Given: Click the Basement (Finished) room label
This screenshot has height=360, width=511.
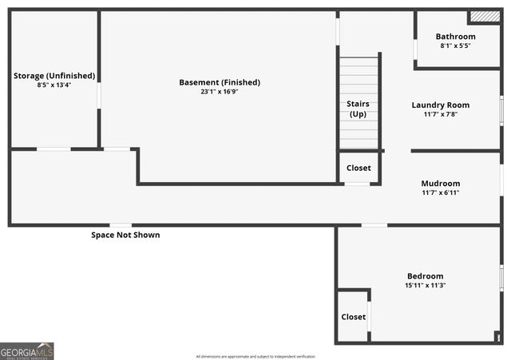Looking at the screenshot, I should pyautogui.click(x=220, y=82).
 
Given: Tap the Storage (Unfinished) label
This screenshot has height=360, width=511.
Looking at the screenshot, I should pyautogui.click(x=54, y=76).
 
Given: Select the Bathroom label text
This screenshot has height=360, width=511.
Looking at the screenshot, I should pyautogui.click(x=455, y=37).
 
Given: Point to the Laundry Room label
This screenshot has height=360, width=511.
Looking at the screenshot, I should pyautogui.click(x=441, y=105).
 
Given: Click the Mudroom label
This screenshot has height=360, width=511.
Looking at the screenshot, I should pyautogui.click(x=441, y=183).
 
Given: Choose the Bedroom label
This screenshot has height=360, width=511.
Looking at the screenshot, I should pyautogui.click(x=425, y=276).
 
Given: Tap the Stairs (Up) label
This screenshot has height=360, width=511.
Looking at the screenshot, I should pyautogui.click(x=358, y=109).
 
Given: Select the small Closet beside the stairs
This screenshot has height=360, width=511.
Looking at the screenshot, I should pyautogui.click(x=358, y=168).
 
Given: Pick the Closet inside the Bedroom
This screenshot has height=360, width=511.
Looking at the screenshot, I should pyautogui.click(x=353, y=317).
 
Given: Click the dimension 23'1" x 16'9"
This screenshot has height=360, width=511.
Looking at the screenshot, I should pyautogui.click(x=220, y=92).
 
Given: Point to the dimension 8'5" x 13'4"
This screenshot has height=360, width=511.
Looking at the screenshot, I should pyautogui.click(x=54, y=85).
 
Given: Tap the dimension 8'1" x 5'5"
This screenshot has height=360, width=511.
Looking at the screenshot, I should pyautogui.click(x=455, y=45).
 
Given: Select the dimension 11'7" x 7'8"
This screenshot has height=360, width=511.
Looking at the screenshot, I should pyautogui.click(x=441, y=114).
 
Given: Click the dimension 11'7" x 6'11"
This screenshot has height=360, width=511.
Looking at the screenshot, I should pyautogui.click(x=441, y=192).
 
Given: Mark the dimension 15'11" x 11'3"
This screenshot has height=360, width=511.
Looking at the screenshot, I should pyautogui.click(x=425, y=285).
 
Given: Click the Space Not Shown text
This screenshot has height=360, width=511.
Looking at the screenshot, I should pyautogui.click(x=125, y=235).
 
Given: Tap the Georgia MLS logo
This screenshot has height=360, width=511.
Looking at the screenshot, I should pyautogui.click(x=27, y=351).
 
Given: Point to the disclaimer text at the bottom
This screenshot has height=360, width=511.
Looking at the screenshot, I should pyautogui.click(x=255, y=356).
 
